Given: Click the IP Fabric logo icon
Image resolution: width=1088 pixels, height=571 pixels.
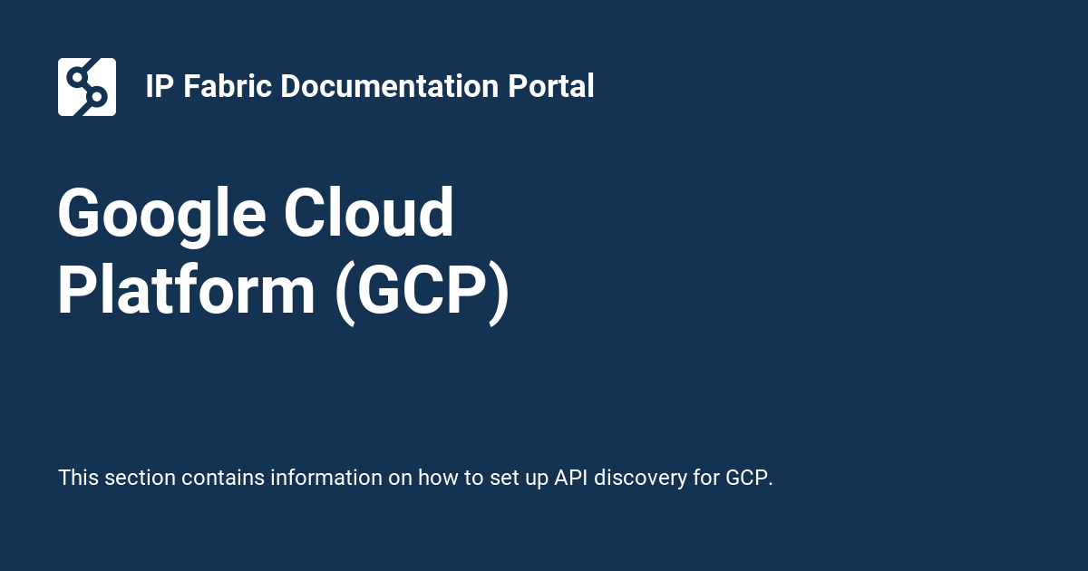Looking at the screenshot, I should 87,87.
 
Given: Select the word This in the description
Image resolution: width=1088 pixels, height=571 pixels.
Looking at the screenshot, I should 78,478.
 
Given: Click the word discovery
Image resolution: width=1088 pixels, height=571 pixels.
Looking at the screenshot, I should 643,478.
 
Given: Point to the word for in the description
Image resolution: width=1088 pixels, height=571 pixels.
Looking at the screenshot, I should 708,478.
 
